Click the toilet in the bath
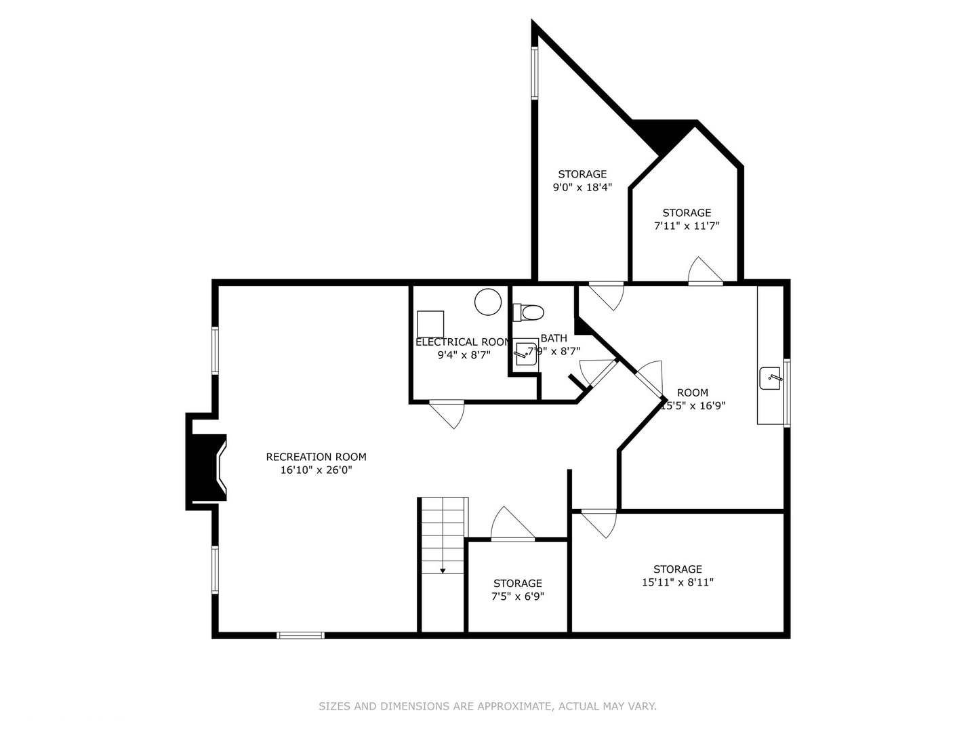tap(529, 312)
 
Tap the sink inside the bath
tap(525, 354)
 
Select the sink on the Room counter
tap(770, 379)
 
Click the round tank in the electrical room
tap(488, 302)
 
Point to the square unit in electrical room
tap(430, 323)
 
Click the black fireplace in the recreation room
tap(204, 461)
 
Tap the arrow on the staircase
tap(443, 570)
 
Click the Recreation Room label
tap(316, 457)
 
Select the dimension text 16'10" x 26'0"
tap(316, 470)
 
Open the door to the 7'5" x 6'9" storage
tap(512, 526)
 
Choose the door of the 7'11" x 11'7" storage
tap(705, 272)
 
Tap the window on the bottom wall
tap(300, 635)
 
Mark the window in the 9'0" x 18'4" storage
tap(534, 73)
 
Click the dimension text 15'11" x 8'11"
tap(677, 582)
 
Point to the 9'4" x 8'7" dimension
tap(464, 354)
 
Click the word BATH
tap(554, 338)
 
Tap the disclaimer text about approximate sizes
tap(487, 706)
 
